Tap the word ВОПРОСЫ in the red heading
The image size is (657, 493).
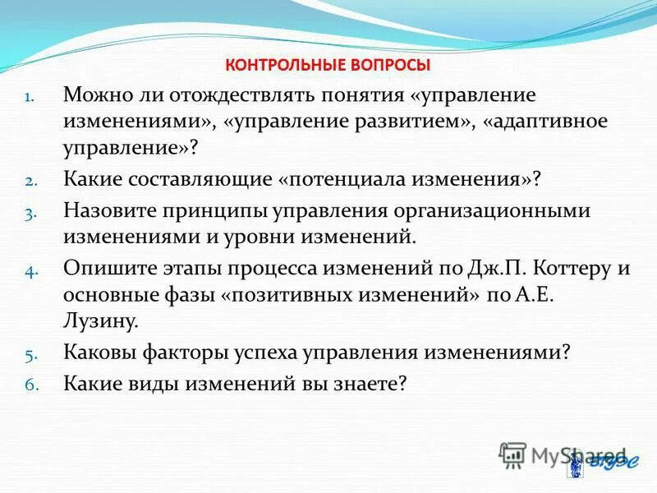coord(391,65)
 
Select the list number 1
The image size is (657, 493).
coord(29,97)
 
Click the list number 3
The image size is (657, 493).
coord(29,213)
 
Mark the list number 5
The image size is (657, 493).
coord(29,356)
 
